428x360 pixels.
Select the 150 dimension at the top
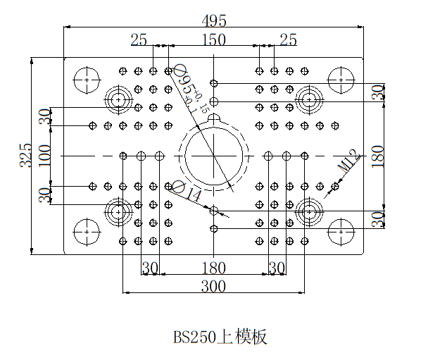click(x=214, y=39)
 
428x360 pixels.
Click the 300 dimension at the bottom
click(x=214, y=287)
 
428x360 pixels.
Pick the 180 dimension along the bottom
click(x=214, y=268)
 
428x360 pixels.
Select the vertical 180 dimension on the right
click(x=379, y=154)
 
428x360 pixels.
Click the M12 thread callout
click(x=348, y=161)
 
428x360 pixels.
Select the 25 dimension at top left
click(x=139, y=39)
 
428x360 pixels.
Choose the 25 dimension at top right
click(x=289, y=39)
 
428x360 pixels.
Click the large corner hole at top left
click(x=87, y=80)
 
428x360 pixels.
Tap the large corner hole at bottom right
click(x=341, y=230)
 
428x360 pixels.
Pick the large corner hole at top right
click(x=341, y=80)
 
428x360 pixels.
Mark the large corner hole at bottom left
click(x=87, y=230)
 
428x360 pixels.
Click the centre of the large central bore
click(x=214, y=154)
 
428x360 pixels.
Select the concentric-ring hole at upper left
click(x=118, y=99)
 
